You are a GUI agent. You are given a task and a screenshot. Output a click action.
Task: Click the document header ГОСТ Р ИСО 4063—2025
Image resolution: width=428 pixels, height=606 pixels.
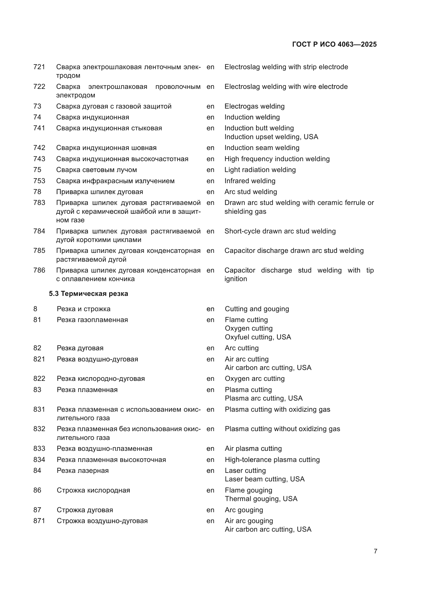(334, 44)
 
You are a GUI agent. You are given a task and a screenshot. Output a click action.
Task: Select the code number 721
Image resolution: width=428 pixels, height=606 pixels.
(39, 67)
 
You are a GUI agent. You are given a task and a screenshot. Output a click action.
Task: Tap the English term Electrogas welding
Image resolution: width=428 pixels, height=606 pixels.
(254, 106)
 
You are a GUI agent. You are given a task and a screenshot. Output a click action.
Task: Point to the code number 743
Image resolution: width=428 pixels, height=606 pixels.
(39, 159)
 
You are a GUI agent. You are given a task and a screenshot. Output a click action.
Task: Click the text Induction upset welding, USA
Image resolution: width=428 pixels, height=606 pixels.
(271, 137)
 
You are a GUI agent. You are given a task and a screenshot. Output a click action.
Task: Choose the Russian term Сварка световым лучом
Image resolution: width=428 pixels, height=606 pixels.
(97, 170)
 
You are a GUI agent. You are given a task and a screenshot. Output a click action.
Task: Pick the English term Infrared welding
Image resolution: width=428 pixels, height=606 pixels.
(250, 181)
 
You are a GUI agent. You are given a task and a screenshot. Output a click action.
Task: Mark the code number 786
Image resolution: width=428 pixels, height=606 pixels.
(39, 270)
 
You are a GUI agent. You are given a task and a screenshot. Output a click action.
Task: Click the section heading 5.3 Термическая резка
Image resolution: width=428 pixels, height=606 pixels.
(88, 294)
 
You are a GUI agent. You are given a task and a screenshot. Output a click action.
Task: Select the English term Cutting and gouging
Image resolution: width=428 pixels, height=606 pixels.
(257, 309)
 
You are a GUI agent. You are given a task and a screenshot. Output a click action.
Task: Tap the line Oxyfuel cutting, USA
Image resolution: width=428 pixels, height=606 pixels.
(258, 337)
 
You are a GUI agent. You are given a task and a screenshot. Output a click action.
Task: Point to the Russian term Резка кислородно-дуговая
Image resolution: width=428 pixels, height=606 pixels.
(101, 379)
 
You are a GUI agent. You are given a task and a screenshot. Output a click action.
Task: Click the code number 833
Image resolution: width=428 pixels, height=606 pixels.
(39, 448)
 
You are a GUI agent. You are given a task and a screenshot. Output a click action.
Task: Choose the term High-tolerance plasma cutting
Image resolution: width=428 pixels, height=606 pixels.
(272, 460)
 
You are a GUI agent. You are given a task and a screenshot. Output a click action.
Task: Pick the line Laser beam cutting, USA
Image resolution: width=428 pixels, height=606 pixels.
(265, 479)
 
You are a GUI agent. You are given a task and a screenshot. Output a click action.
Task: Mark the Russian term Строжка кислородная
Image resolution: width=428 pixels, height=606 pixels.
(93, 490)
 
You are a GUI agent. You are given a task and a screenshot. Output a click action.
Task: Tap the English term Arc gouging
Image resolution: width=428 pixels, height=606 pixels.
(244, 510)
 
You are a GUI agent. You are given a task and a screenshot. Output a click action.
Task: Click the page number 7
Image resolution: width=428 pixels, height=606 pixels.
(375, 551)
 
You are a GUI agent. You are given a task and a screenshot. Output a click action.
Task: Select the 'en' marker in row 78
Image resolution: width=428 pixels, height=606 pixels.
(210, 192)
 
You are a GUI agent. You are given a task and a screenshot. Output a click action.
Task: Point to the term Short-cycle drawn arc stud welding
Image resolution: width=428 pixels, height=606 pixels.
(280, 231)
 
